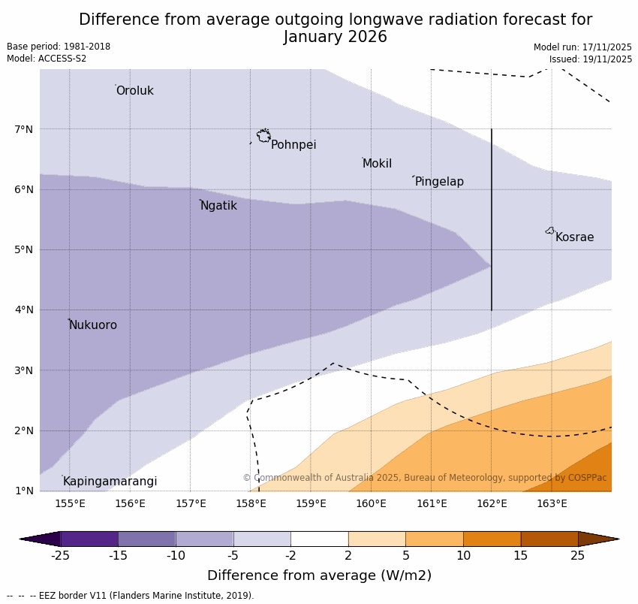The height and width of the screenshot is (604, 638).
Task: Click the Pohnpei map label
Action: pos(293,145)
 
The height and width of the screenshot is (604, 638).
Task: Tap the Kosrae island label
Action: pos(574,237)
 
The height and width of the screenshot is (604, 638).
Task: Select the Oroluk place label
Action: pos(134,91)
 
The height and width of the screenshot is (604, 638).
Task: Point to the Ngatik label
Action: pos(218,206)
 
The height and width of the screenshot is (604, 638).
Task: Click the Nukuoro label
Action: pos(93,325)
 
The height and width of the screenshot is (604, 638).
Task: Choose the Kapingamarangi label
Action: pos(110,482)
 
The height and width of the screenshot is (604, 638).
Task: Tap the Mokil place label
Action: pos(377,164)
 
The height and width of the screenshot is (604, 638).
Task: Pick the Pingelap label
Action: pos(439,182)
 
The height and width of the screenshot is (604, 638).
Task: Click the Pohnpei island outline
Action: pos(263,136)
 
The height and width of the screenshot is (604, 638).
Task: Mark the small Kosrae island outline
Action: pos(550,231)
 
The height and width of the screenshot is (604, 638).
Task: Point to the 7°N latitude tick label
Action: pos(24,129)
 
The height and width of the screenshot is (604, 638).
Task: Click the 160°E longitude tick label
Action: pos(371,503)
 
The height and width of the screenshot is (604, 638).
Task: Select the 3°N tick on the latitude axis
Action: pos(24,370)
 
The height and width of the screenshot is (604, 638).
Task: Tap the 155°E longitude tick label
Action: pos(70,503)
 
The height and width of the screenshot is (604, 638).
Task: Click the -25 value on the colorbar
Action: pos(60,556)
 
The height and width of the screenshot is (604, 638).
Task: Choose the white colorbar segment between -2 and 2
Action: pos(319,539)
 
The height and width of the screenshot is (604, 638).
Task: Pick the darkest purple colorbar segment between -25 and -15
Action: pos(89,539)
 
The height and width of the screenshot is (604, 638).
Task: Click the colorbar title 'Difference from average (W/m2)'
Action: pos(319,575)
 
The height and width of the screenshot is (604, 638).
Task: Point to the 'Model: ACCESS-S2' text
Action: pos(47,59)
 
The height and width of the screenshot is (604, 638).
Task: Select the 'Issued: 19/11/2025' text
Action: pos(590,59)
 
